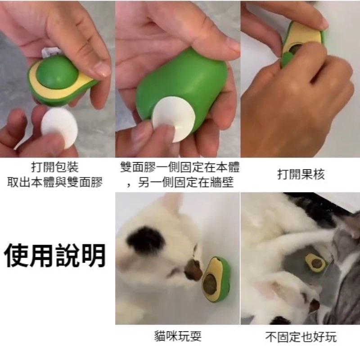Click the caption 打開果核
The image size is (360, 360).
point(301,175)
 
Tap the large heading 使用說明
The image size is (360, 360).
point(55,256)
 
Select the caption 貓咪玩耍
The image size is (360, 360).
point(177,337)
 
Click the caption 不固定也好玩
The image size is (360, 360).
point(300,337)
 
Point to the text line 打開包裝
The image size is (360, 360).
point(55,168)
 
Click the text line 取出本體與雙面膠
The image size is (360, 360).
point(55,182)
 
